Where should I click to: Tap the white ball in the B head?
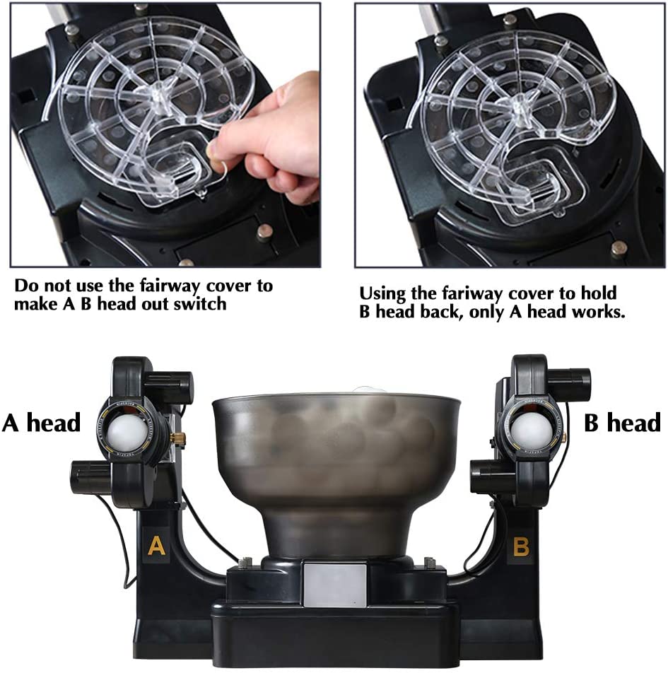click(x=532, y=431)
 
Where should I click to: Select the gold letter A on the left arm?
click(x=156, y=546)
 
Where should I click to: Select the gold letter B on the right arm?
click(x=521, y=547)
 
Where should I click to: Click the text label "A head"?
click(x=41, y=422)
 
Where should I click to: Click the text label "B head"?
click(x=622, y=422)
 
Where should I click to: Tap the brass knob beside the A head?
click(x=176, y=438)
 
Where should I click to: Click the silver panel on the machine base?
click(x=335, y=585)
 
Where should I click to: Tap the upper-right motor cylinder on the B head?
click(x=570, y=381)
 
